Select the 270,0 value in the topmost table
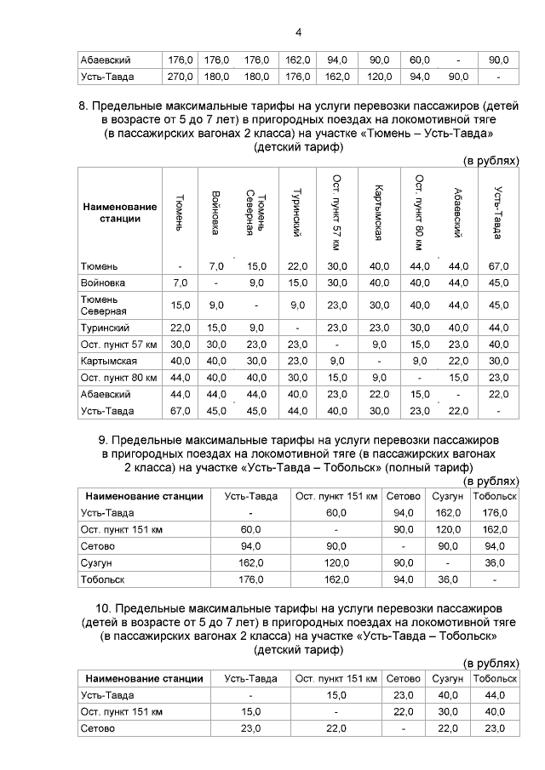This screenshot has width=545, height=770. (180, 77)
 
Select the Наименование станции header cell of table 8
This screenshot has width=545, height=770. (120, 213)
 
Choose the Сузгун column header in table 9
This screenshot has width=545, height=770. (447, 496)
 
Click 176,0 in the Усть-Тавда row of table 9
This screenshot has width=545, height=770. (495, 512)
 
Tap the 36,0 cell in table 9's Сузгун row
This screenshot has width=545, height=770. (495, 562)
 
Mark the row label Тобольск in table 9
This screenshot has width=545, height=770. (102, 579)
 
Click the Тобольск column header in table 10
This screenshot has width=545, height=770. (495, 678)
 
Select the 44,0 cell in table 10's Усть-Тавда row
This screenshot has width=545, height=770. (495, 695)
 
